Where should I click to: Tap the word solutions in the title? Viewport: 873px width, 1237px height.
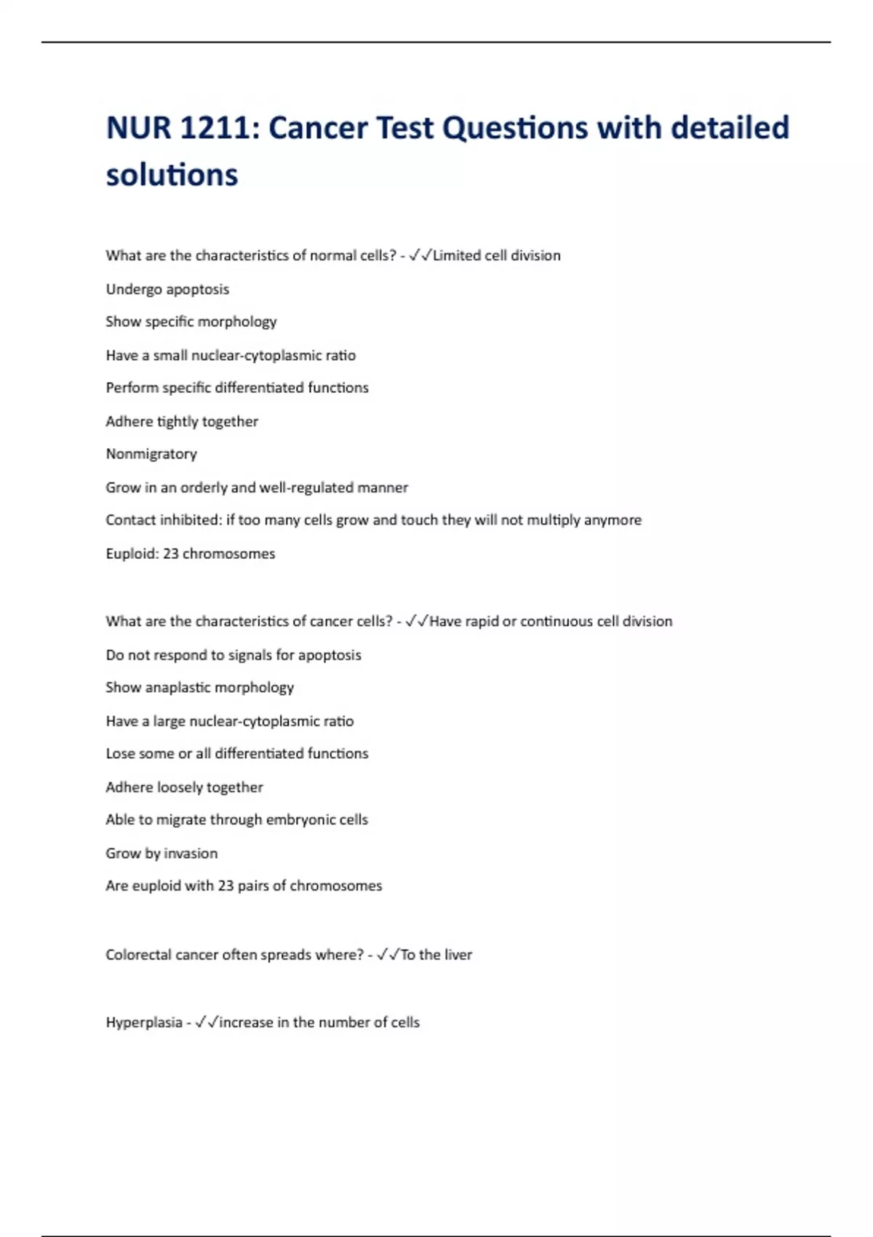point(172,175)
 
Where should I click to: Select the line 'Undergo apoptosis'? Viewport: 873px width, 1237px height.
point(167,289)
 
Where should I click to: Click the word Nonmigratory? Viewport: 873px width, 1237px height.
point(151,454)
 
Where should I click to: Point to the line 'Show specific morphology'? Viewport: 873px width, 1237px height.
point(191,322)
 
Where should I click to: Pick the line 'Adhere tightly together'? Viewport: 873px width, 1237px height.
point(182,421)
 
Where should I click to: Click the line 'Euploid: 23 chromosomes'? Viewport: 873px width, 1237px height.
point(191,554)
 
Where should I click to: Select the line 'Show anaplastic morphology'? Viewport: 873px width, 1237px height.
point(200,688)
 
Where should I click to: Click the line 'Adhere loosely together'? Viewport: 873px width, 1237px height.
point(185,787)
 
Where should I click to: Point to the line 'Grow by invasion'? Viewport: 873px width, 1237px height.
point(162,854)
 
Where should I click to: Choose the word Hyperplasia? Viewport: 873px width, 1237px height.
point(144,1022)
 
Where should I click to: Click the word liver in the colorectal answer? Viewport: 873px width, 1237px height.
point(458,955)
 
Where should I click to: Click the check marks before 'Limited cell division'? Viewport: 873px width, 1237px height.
point(420,255)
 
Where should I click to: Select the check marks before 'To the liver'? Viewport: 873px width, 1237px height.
point(388,955)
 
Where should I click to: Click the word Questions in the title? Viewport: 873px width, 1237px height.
point(515,129)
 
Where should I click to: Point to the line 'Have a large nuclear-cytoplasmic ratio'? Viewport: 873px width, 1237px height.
point(230,721)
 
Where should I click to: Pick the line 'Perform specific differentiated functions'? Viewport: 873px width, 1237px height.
point(237,388)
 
